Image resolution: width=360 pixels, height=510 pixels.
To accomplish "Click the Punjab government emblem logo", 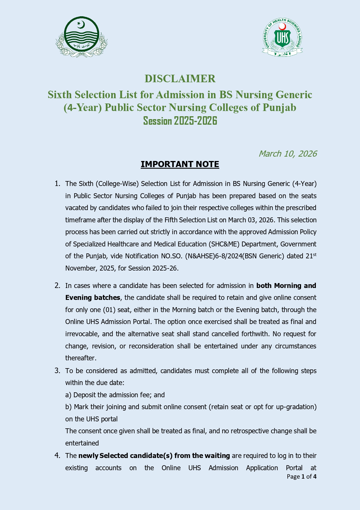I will click(82, 37).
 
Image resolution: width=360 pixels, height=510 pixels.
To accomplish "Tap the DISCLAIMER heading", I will click(180, 79).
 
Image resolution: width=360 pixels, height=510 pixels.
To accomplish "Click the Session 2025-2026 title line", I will click(180, 121).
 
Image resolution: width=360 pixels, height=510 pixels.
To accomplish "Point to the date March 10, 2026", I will click(287, 154).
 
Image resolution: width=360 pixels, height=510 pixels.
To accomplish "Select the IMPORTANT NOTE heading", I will click(180, 164).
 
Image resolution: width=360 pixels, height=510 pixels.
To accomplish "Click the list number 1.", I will click(57, 184).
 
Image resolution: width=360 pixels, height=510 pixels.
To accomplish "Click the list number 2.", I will click(57, 286).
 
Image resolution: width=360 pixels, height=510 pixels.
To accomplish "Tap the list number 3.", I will click(57, 371).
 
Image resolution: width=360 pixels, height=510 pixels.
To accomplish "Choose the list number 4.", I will click(57, 456).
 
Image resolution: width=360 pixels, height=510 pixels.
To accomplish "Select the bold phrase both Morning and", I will click(286, 286).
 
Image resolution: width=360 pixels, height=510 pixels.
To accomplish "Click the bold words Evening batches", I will click(93, 298).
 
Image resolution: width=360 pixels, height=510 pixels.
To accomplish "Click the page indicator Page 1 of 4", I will click(301, 477).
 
